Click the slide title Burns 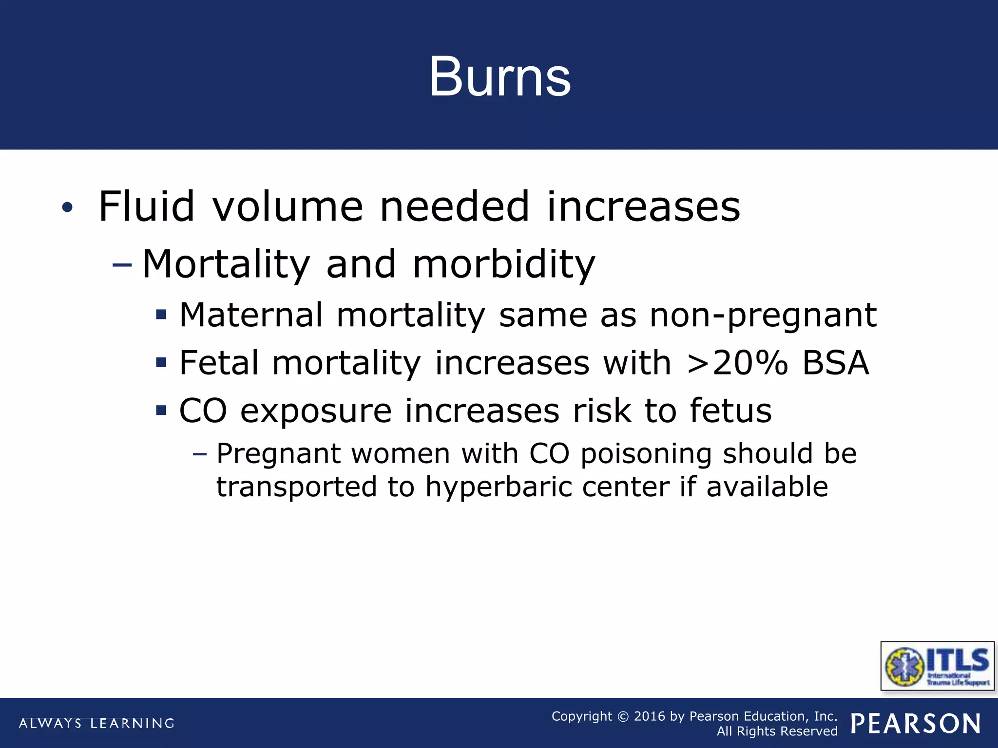pos(499,77)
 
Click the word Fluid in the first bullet pos(146,206)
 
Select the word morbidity pos(504,264)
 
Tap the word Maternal pos(251,315)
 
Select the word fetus pos(730,411)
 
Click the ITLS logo pos(937,666)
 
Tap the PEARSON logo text pos(916,724)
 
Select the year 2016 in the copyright pos(649,716)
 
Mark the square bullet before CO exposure pos(161,411)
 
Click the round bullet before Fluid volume pos(67,208)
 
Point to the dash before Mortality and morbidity pos(122,265)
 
